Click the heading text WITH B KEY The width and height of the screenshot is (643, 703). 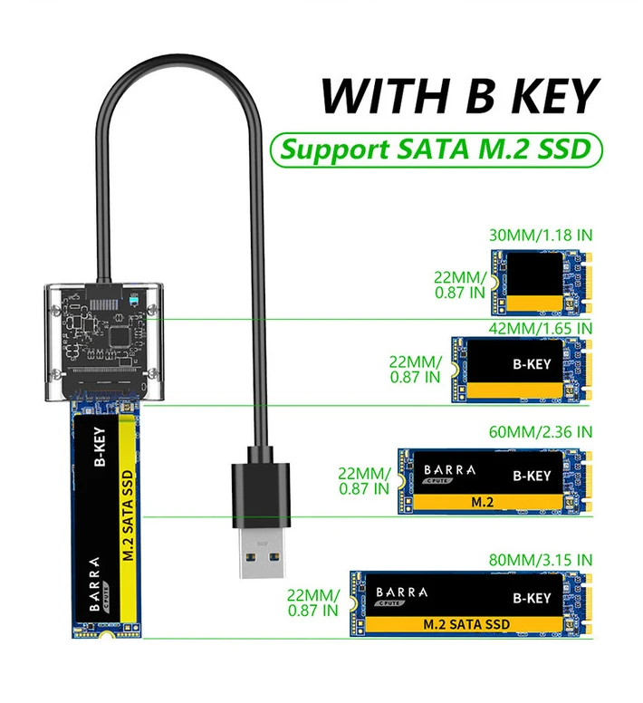tap(459, 96)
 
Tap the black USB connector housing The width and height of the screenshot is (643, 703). tap(260, 494)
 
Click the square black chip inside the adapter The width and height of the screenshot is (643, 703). tap(119, 335)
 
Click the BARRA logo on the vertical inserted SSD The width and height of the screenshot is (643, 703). tap(95, 593)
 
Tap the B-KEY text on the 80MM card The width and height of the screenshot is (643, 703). tap(531, 598)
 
